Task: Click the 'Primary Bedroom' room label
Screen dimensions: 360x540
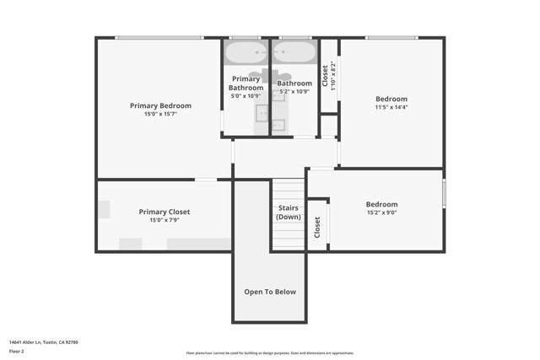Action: click(160, 105)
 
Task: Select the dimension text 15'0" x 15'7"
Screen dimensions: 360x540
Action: click(160, 114)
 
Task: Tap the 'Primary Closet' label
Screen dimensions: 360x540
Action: click(164, 212)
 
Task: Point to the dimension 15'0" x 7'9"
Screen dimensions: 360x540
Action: click(164, 220)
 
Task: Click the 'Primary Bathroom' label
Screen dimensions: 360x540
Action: click(246, 83)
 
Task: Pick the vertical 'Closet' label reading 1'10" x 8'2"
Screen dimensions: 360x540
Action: click(328, 76)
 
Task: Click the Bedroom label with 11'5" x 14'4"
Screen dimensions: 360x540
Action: click(391, 99)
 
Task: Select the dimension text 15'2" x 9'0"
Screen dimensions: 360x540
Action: click(381, 213)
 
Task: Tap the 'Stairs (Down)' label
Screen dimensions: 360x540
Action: click(288, 212)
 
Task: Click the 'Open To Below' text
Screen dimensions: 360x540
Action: click(270, 292)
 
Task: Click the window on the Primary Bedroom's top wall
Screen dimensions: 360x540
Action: click(159, 38)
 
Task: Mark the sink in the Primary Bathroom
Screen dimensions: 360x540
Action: click(261, 111)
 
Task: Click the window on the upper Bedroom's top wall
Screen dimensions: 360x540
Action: click(391, 38)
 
